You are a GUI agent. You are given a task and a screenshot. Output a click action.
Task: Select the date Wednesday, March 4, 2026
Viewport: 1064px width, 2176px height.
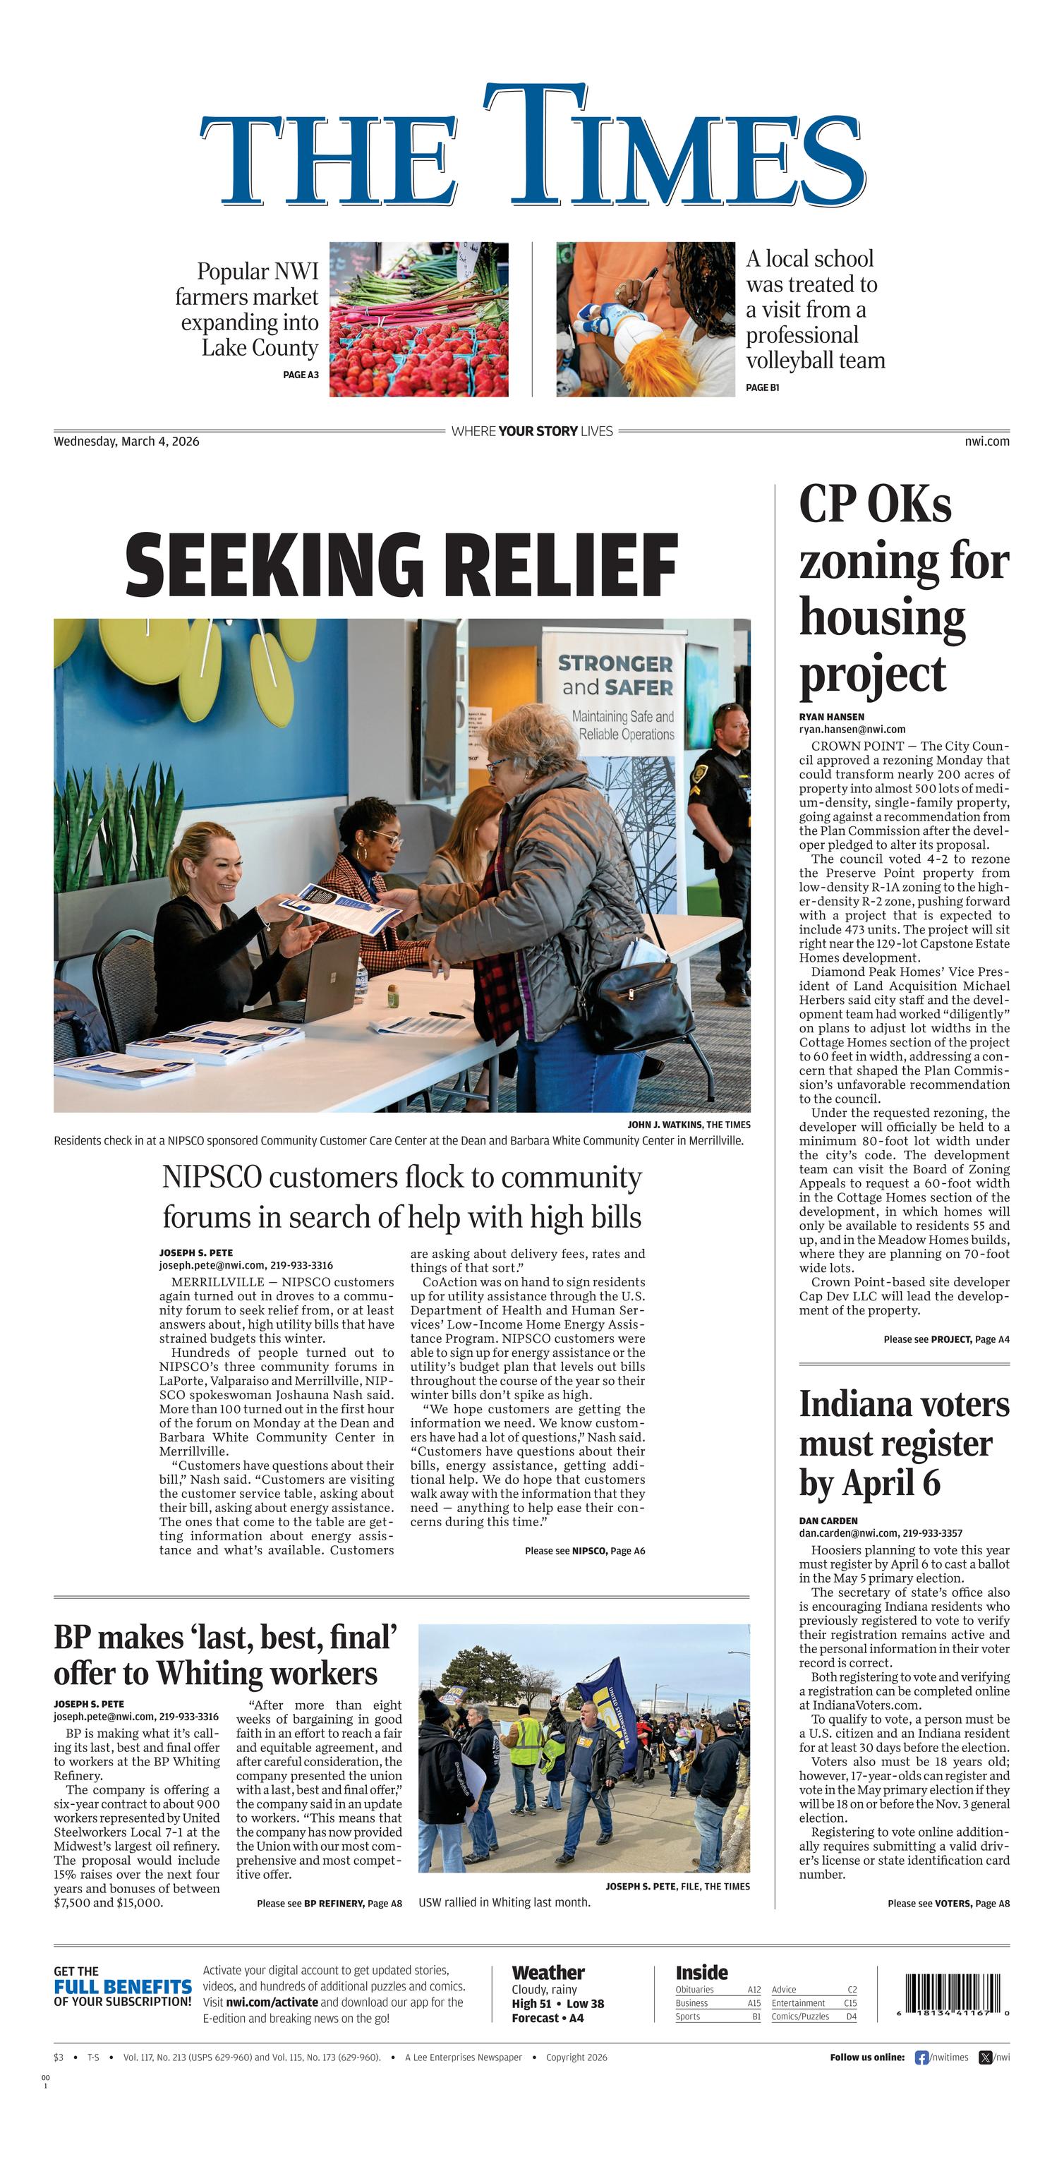click(127, 441)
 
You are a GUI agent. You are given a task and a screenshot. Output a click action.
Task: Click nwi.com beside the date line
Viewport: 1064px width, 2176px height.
click(986, 441)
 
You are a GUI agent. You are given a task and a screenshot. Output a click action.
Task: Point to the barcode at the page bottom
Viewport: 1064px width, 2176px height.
click(953, 1995)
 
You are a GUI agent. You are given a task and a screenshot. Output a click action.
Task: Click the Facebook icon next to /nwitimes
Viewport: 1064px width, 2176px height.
click(921, 2057)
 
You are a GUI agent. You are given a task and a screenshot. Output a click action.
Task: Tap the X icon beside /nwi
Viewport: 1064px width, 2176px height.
click(984, 2057)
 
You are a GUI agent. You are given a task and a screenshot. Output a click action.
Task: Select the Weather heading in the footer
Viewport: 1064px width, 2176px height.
click(548, 1972)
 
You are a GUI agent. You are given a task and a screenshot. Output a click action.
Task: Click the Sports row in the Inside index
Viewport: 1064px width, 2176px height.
click(718, 2017)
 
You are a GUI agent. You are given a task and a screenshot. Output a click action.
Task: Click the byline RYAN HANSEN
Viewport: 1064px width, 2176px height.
click(832, 716)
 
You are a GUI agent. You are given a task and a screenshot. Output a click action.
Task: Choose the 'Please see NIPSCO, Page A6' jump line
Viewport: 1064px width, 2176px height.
click(584, 1550)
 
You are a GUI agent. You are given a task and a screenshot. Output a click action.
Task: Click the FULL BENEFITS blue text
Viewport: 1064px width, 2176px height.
click(123, 1987)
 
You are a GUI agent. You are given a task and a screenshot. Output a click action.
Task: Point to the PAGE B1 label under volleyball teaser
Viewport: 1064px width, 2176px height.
click(762, 388)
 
